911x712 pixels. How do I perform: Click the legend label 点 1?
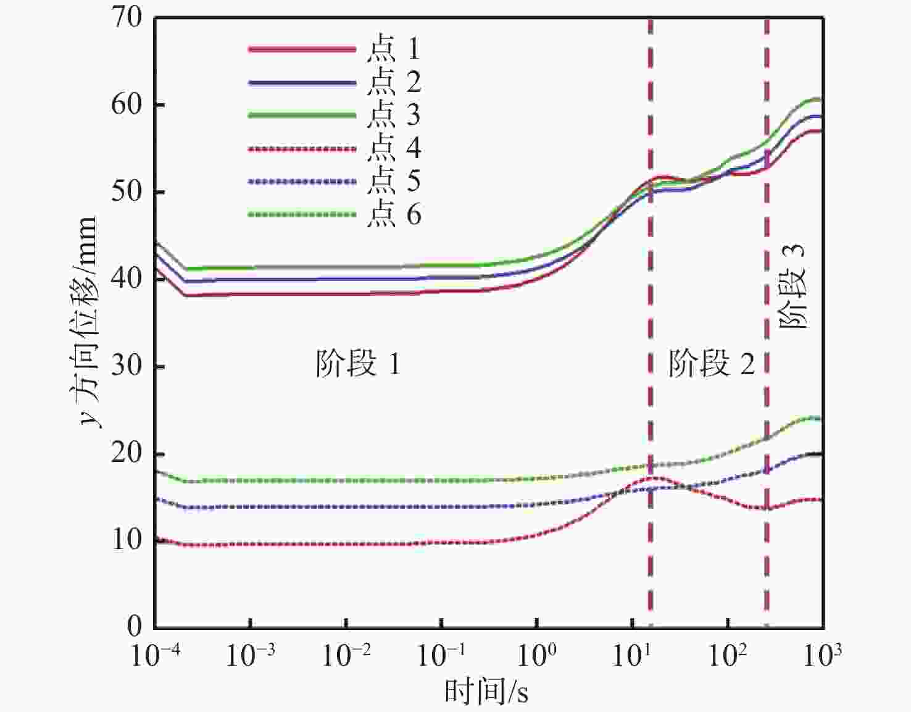point(393,49)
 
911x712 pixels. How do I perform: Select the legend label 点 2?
point(393,82)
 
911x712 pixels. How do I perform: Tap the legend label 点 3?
point(393,115)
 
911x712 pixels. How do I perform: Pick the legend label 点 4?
point(393,149)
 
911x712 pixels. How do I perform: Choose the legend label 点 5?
point(393,182)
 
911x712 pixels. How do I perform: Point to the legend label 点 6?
point(393,215)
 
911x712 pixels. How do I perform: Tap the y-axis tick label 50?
point(127,192)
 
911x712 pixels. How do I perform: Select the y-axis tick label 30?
point(127,366)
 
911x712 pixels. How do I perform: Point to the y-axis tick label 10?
point(127,540)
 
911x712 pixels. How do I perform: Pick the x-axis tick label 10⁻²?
point(346,655)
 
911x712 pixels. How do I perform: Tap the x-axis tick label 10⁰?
point(537,655)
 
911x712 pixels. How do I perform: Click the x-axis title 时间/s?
point(486,692)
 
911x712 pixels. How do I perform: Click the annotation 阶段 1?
point(358,364)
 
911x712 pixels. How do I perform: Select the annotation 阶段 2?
point(711,364)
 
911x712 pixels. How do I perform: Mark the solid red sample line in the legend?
point(302,49)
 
